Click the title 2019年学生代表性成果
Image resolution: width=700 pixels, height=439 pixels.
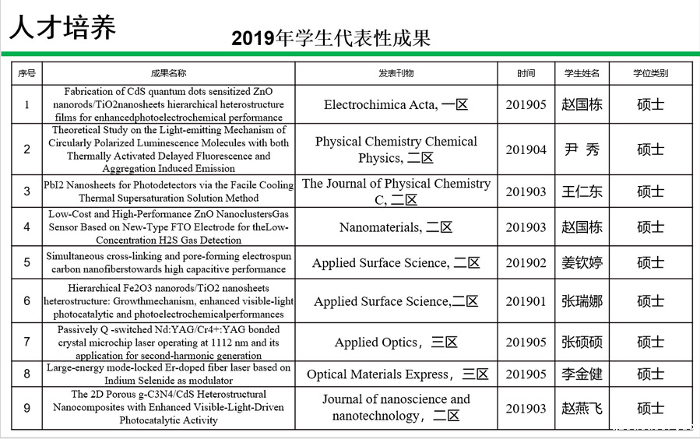(331, 38)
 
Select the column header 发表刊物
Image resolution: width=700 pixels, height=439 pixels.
(396, 73)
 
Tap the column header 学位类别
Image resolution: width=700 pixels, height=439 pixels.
(650, 73)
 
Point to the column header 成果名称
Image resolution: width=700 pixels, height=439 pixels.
(168, 73)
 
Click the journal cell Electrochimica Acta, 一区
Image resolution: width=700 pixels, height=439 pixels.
(396, 104)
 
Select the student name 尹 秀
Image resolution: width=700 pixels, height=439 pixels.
(582, 149)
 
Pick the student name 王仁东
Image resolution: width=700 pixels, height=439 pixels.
(582, 191)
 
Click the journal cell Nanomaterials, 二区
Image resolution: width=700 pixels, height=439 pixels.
(396, 227)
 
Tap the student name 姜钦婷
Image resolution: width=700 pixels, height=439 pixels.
(582, 263)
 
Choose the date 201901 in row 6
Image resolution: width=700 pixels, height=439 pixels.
(526, 301)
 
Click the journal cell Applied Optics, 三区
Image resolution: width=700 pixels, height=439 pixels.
(396, 342)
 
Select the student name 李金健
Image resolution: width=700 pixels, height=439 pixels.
(582, 374)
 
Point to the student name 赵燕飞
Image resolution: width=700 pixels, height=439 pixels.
(582, 408)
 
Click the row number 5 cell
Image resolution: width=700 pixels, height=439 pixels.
(27, 263)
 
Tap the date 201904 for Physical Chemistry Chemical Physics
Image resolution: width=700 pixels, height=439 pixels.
(526, 149)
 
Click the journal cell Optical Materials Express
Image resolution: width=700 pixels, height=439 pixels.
(397, 374)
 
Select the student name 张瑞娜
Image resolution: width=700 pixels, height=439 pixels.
(582, 301)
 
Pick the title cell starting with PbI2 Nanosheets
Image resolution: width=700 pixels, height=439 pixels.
(168, 191)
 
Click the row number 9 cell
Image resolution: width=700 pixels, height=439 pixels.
(27, 408)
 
